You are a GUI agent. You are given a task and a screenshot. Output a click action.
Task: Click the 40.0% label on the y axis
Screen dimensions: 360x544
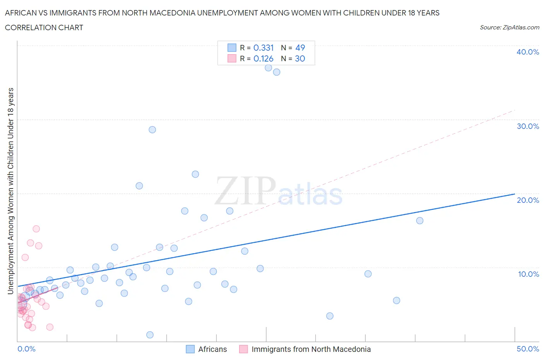(x=528, y=52)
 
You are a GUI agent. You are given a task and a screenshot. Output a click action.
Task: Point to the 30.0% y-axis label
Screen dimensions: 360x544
(x=528, y=126)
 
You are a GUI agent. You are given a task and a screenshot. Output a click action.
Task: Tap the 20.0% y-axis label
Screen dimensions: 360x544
(x=528, y=200)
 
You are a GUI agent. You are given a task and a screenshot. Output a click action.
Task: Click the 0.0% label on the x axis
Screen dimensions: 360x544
(x=26, y=349)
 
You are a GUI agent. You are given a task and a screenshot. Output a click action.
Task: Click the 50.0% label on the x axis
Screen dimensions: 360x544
(x=528, y=349)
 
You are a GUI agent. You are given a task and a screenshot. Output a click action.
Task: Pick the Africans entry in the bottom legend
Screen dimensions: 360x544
(x=207, y=349)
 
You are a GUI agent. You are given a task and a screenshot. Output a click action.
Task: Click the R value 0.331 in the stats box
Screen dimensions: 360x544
(x=263, y=48)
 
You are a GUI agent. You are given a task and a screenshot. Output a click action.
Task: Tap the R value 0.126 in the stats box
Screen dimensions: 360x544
(x=263, y=58)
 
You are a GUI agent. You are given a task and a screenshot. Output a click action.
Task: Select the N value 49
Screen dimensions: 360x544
(x=300, y=48)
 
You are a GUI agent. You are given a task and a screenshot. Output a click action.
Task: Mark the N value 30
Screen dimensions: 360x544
(x=300, y=58)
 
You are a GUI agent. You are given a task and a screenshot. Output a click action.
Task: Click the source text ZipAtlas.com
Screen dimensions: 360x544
(x=509, y=27)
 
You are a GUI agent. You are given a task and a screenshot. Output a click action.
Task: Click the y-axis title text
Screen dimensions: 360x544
(x=10, y=191)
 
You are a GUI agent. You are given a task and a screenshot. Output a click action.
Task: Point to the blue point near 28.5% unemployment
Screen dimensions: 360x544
(x=152, y=130)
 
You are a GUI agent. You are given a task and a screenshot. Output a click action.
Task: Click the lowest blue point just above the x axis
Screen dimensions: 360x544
(x=150, y=335)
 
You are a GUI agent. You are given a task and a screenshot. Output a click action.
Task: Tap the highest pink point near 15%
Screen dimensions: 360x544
(x=36, y=229)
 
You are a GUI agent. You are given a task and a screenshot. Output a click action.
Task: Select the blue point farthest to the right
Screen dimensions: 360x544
(x=419, y=221)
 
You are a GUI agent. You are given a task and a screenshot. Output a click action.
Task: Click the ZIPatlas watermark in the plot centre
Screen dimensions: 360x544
(x=279, y=191)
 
